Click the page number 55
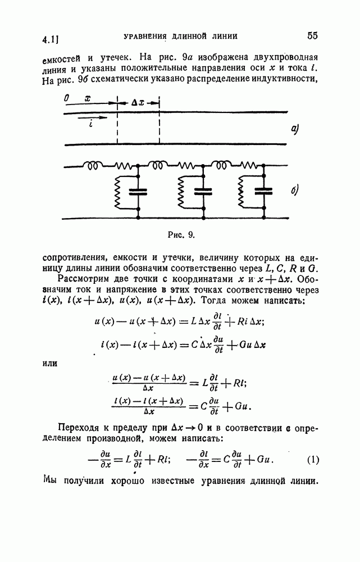313,37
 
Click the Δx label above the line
138,103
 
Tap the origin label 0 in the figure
67,98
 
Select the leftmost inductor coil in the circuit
92,166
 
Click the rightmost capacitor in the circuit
261,192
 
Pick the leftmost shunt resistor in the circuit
119,192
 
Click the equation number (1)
313,460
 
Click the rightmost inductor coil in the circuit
219,166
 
